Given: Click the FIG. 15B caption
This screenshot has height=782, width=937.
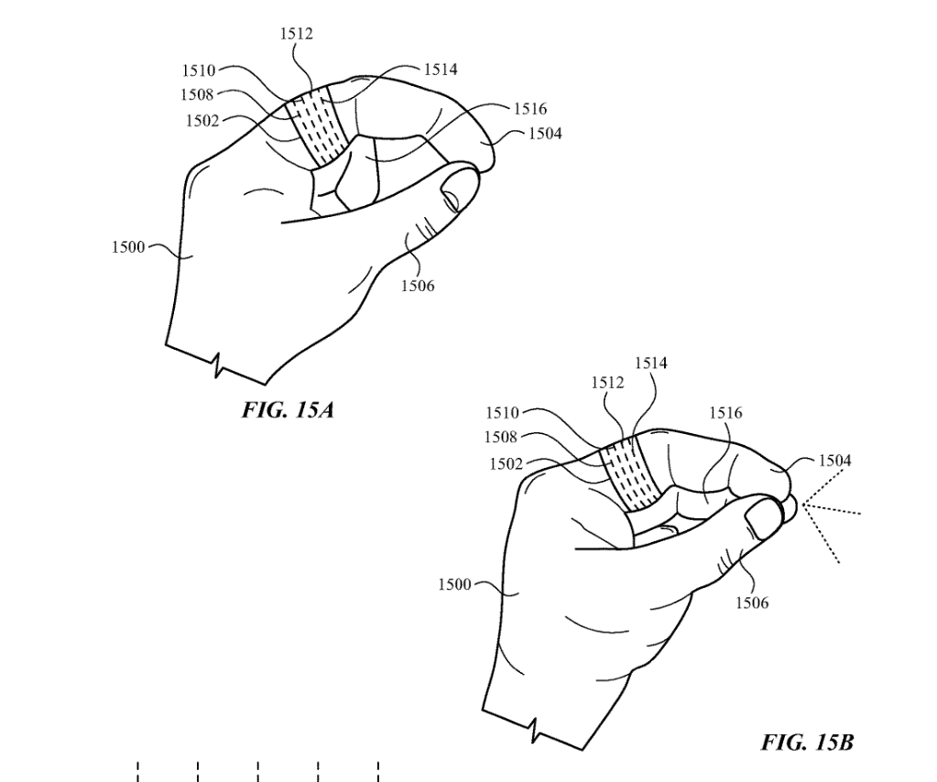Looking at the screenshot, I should pyautogui.click(x=807, y=742).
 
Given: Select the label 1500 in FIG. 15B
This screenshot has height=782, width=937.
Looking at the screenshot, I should pyautogui.click(x=454, y=584).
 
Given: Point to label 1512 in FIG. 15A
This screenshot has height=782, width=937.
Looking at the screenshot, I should pyautogui.click(x=296, y=35).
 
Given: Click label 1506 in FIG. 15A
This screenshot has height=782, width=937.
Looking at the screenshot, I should pyautogui.click(x=418, y=286).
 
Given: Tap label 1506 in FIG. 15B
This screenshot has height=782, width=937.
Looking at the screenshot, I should pyautogui.click(x=750, y=603).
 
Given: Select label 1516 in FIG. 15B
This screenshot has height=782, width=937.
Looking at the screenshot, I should pyautogui.click(x=725, y=414).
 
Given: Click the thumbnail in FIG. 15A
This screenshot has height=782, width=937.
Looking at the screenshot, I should pyautogui.click(x=458, y=189).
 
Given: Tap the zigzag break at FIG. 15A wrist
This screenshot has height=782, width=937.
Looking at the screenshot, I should pyautogui.click(x=218, y=366).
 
